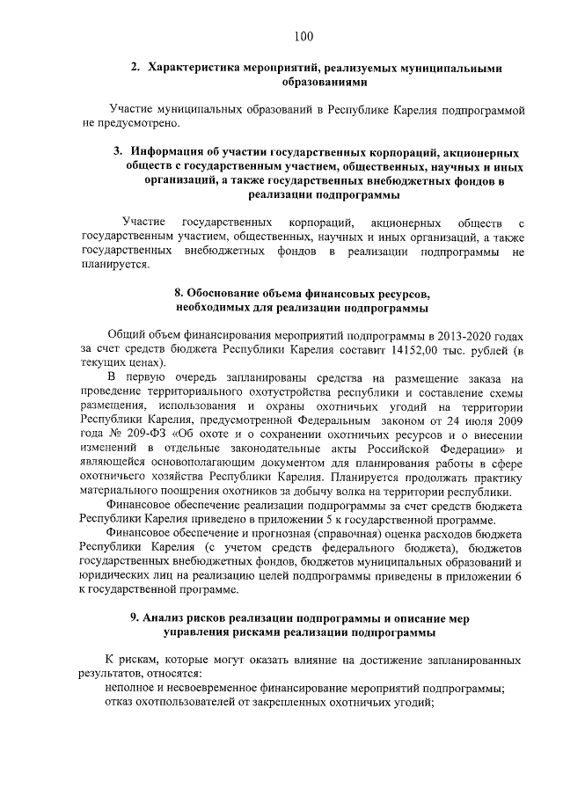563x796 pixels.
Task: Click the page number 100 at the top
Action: point(303,36)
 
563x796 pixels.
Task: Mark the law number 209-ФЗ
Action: point(149,435)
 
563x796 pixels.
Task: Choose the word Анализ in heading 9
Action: point(169,618)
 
